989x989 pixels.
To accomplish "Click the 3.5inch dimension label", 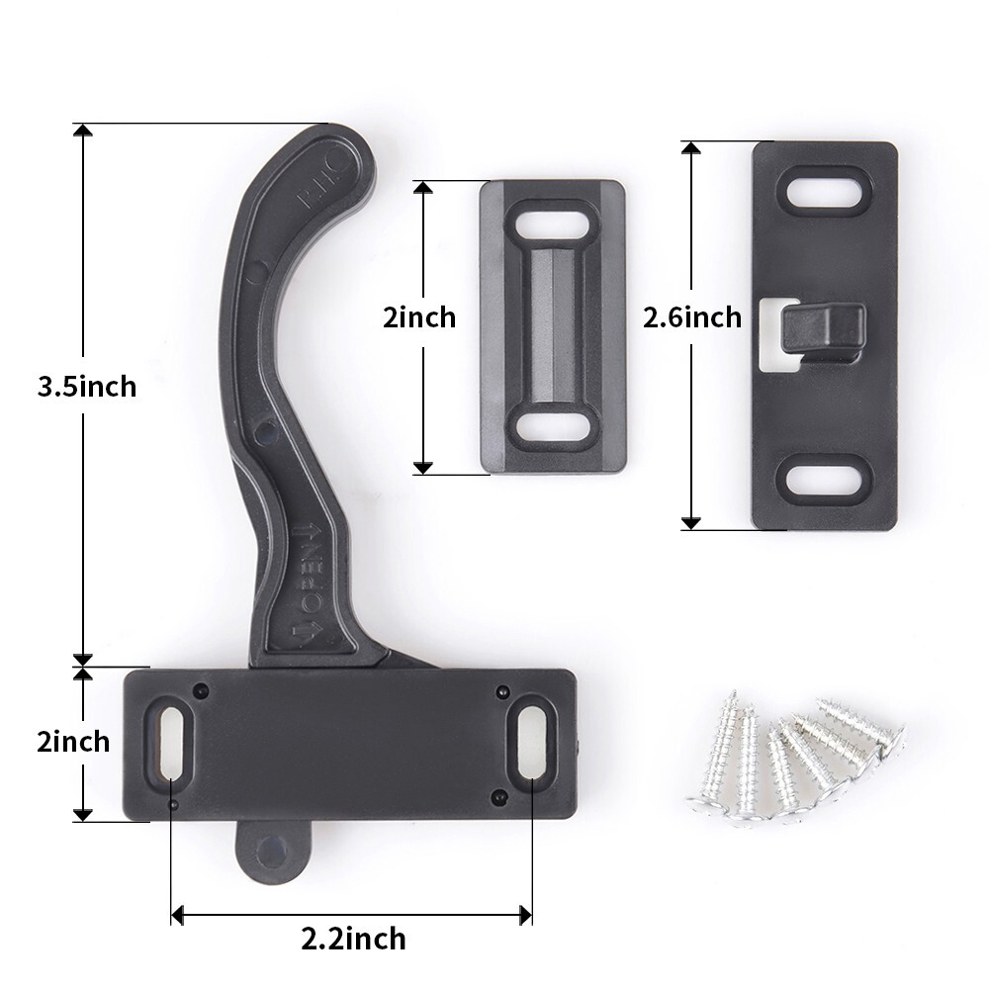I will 86,386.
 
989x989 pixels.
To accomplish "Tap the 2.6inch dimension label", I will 691,317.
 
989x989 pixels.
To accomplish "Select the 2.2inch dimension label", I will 353,937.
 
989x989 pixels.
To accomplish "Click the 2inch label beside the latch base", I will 73,741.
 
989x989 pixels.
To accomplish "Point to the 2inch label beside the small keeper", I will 419,317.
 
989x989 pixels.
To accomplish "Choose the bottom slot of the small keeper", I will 553,426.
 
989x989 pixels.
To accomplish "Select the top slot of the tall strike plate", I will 825,187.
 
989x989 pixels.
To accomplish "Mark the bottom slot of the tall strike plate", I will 825,477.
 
